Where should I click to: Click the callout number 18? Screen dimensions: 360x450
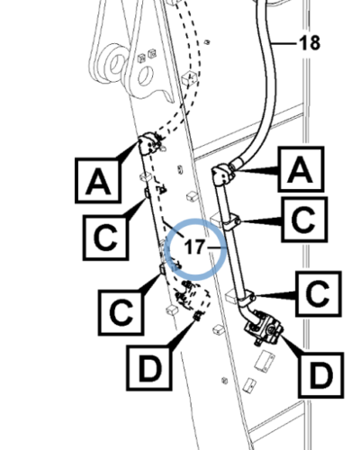pyautogui.click(x=310, y=43)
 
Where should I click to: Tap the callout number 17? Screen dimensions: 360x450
pyautogui.click(x=194, y=247)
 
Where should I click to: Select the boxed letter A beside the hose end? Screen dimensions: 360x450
pyautogui.click(x=301, y=169)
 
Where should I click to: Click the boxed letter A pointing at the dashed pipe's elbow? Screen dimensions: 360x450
pyautogui.click(x=98, y=181)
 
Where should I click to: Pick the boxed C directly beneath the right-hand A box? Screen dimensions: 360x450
pyautogui.click(x=304, y=220)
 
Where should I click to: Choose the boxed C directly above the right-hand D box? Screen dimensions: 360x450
pyautogui.click(x=319, y=293)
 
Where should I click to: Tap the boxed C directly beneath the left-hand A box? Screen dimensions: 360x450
pyautogui.click(x=106, y=238)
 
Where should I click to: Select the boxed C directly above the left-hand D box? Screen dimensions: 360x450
pyautogui.click(x=121, y=312)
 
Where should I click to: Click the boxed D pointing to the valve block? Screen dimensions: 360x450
pyautogui.click(x=320, y=375)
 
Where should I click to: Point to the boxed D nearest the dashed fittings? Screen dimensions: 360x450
pyautogui.click(x=149, y=367)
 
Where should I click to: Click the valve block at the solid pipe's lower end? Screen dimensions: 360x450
pyautogui.click(x=264, y=328)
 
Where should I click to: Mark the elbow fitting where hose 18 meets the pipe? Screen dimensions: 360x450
pyautogui.click(x=222, y=174)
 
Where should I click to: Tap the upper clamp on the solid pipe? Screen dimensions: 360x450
pyautogui.click(x=230, y=222)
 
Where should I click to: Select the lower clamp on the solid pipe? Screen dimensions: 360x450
pyautogui.click(x=247, y=298)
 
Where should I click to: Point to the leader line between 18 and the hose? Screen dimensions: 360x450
pyautogui.click(x=284, y=44)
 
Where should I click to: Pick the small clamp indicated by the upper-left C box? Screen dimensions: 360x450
pyautogui.click(x=148, y=193)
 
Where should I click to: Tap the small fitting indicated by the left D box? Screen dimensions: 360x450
pyautogui.click(x=198, y=315)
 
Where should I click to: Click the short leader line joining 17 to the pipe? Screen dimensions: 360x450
pyautogui.click(x=217, y=247)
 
